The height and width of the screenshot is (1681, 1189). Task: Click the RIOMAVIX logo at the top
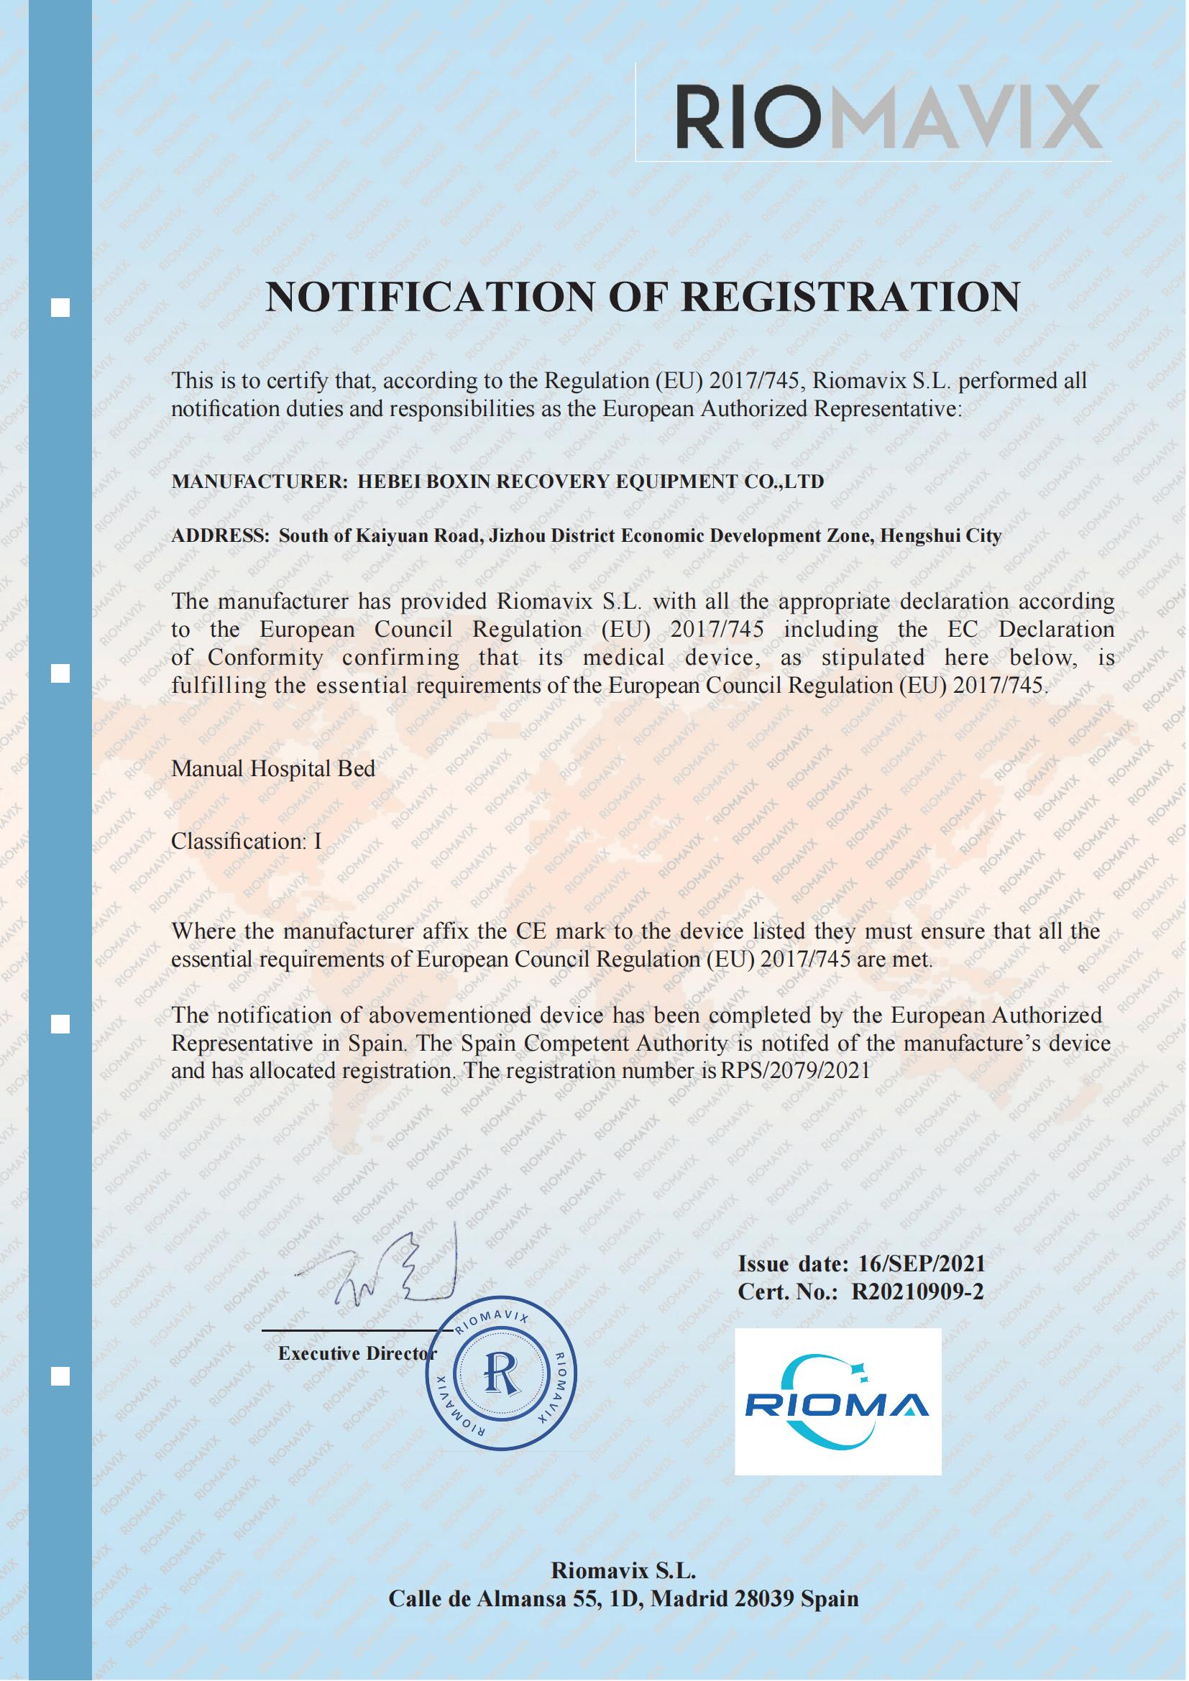tap(887, 116)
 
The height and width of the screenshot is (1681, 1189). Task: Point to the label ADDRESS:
tap(221, 536)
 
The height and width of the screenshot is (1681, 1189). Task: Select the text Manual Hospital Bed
tap(273, 769)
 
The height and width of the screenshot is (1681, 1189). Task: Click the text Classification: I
tap(246, 842)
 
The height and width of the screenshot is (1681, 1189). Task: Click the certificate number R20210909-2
tap(918, 1292)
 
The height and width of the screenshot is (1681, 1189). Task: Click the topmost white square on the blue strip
tap(60, 308)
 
